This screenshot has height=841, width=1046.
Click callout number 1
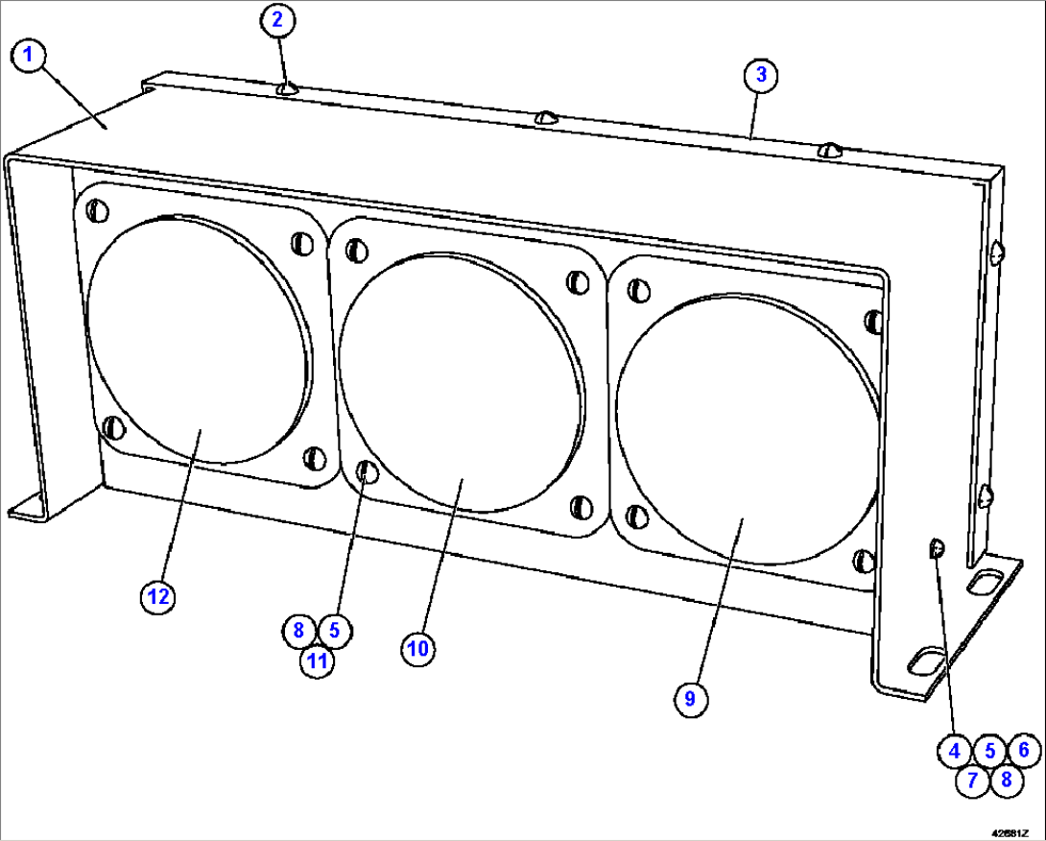pyautogui.click(x=29, y=56)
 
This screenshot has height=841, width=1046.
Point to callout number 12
pyautogui.click(x=157, y=596)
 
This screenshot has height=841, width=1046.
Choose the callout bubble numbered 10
pyautogui.click(x=416, y=648)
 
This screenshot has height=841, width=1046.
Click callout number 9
pyautogui.click(x=689, y=699)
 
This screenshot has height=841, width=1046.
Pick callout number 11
pyautogui.click(x=316, y=661)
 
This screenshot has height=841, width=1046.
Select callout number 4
pyautogui.click(x=954, y=751)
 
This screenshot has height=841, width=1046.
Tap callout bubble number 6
pyautogui.click(x=1023, y=750)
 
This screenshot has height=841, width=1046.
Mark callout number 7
pyautogui.click(x=972, y=780)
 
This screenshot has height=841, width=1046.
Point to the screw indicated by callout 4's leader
pyautogui.click(x=937, y=549)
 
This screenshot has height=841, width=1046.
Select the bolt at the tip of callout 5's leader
pyautogui.click(x=366, y=471)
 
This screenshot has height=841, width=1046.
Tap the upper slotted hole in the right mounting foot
pyautogui.click(x=987, y=581)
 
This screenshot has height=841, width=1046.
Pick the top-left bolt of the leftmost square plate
pyautogui.click(x=97, y=210)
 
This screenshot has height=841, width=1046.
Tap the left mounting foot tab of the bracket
pyautogui.click(x=27, y=508)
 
